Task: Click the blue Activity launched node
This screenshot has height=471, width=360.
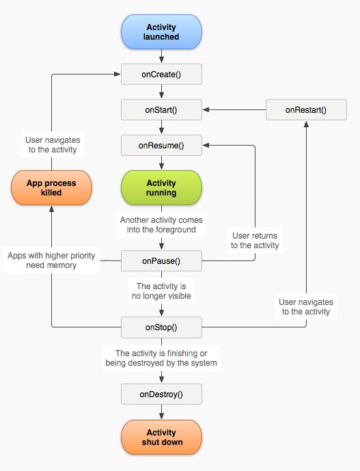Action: [x=162, y=32]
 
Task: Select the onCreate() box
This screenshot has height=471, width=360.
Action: [x=162, y=74]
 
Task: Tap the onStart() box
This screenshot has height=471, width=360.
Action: [x=162, y=109]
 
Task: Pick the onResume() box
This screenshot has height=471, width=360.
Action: [x=162, y=145]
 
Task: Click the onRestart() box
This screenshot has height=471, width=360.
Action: [x=305, y=109]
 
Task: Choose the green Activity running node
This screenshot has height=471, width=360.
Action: [x=162, y=188]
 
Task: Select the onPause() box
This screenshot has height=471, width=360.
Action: [x=162, y=260]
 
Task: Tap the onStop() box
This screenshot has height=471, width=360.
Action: [x=162, y=327]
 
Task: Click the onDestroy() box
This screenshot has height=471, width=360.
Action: [x=162, y=394]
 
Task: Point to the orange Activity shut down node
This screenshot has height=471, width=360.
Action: [x=162, y=437]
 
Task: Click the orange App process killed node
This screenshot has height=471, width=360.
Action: [x=51, y=188]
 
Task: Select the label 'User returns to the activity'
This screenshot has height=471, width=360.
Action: [x=254, y=240]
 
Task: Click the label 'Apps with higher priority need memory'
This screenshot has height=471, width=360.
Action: [x=52, y=260]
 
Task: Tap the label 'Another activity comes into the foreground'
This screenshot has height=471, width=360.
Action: [x=162, y=225]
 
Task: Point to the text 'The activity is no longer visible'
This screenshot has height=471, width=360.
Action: [x=162, y=291]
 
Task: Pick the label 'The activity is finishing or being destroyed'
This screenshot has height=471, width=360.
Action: [x=162, y=358]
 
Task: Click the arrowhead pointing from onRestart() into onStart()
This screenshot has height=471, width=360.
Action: [x=206, y=109]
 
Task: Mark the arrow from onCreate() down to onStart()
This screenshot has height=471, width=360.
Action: [x=162, y=92]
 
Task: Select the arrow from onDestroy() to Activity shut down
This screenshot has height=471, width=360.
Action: [x=162, y=412]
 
